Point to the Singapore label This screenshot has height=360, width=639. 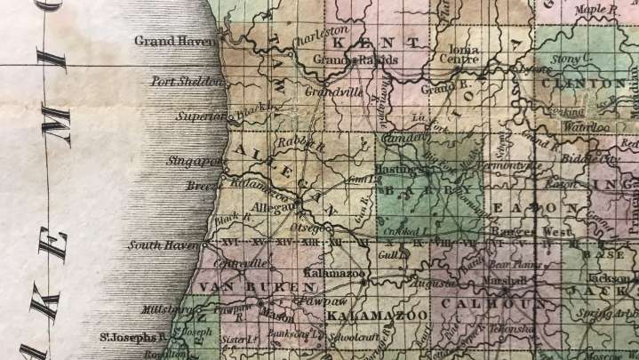point(193,161)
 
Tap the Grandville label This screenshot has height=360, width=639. point(329,91)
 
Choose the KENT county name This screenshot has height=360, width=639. point(374,41)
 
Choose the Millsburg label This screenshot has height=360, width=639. point(165,309)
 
